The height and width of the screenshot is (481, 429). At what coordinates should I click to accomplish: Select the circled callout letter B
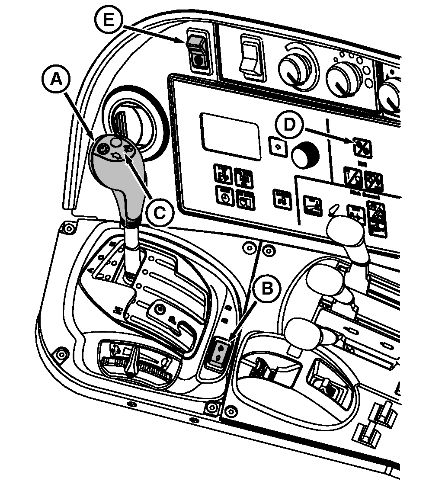coord(268,287)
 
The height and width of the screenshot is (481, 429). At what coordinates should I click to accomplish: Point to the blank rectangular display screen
coord(231,135)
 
